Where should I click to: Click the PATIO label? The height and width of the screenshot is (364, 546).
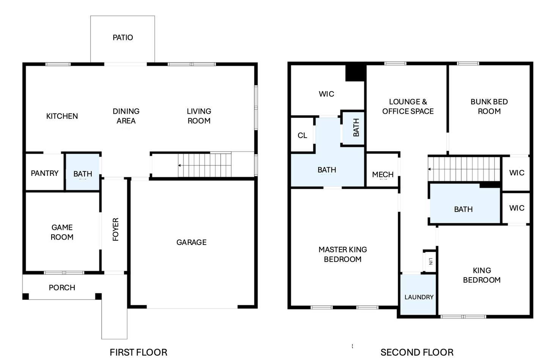point(123,38)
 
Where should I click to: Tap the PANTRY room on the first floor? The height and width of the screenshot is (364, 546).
point(45,172)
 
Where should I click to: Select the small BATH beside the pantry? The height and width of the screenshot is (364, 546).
point(83,172)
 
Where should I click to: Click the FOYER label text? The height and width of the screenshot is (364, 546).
point(116,229)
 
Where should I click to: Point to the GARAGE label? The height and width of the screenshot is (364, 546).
point(191,242)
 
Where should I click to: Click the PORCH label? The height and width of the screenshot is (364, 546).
point(62,288)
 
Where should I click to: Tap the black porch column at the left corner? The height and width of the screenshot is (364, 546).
point(26,297)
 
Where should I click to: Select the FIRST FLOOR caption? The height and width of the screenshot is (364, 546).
point(138,353)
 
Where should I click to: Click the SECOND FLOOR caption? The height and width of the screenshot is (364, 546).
point(417,353)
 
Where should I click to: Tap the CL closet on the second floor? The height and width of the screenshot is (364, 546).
point(302,135)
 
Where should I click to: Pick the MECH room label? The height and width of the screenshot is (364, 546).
point(383,174)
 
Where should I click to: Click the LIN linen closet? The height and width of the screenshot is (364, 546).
point(430,261)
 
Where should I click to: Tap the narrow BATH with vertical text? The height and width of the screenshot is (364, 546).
point(353,128)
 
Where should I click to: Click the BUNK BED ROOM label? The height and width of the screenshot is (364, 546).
point(489,106)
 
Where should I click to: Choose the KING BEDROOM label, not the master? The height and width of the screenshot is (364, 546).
point(482,275)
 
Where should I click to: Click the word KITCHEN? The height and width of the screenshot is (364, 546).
point(62,116)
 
